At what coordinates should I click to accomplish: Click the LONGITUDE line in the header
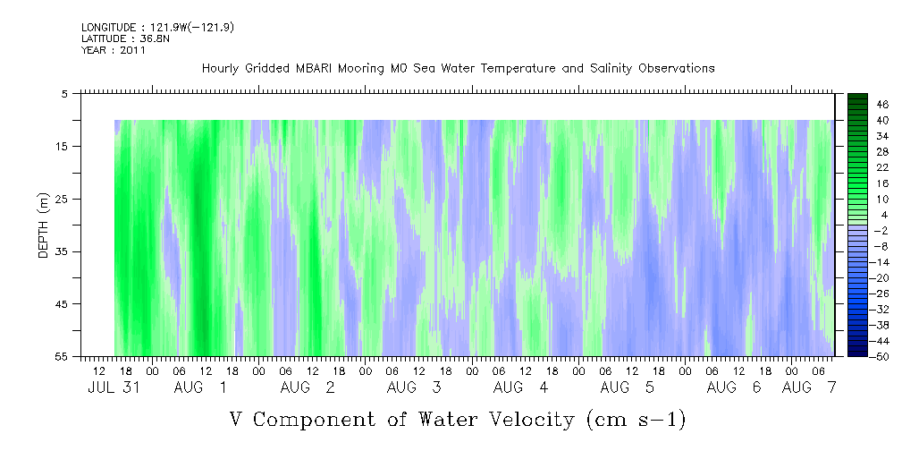tap(157, 28)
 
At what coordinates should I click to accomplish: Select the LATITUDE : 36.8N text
tap(125, 38)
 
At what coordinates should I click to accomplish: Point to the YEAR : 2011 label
tap(114, 50)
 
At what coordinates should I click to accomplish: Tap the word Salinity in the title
tap(611, 69)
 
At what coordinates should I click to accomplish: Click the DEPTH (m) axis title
tap(44, 225)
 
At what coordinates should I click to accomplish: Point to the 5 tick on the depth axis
tap(63, 93)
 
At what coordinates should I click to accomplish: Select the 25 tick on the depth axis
tap(61, 200)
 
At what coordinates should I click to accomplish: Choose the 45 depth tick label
tap(61, 304)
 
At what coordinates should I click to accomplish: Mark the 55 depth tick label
tap(61, 356)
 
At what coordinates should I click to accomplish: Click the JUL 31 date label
tap(114, 387)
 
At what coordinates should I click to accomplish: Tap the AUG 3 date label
tap(414, 387)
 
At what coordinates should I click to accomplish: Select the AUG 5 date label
tap(628, 387)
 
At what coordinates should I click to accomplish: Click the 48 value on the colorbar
tap(883, 105)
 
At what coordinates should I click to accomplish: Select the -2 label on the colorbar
tap(881, 230)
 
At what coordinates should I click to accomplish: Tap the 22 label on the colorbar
tap(883, 167)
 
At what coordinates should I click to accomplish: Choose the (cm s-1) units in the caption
tap(636, 420)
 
